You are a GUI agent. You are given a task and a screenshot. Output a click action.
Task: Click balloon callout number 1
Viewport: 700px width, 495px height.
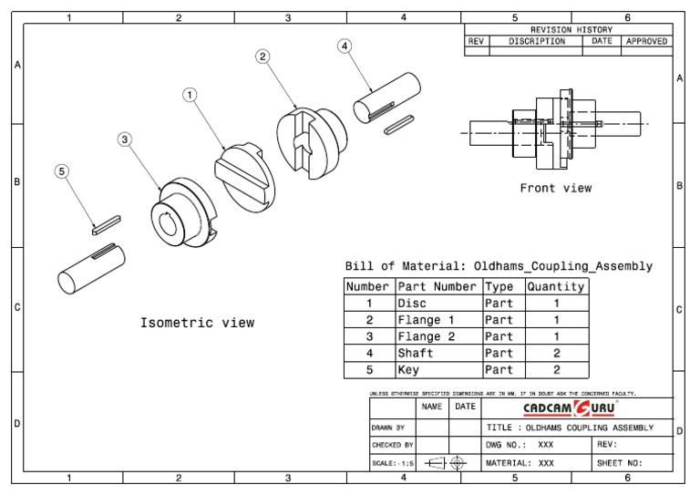pos(190,94)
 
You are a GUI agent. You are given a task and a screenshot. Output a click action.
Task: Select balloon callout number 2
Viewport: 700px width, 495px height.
pos(262,57)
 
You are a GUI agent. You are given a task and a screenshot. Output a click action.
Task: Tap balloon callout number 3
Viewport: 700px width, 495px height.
pos(125,139)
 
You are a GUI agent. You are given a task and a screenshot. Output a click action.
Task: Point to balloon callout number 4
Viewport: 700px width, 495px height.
pos(345,46)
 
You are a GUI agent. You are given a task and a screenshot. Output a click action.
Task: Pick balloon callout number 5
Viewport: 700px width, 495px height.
pos(62,170)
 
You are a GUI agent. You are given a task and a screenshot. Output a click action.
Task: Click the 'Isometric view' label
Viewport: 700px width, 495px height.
pos(197,323)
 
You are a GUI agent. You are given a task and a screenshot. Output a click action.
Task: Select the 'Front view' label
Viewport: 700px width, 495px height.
pos(555,189)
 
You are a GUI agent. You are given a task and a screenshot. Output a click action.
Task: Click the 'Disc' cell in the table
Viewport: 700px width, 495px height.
pos(412,304)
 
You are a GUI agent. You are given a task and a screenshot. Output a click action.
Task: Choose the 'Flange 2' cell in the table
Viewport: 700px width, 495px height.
pos(426,336)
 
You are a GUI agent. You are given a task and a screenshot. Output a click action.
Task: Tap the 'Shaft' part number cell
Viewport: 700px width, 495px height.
pos(416,353)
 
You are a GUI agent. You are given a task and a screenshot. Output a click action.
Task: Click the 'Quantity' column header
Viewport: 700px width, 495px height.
pos(555,286)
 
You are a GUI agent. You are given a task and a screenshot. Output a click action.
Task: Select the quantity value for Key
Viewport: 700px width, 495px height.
pos(556,370)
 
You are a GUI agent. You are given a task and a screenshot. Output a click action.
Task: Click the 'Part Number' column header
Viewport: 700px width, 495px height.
pos(437,286)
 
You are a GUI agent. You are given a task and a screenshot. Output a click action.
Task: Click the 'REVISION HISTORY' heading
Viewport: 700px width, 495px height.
pos(571,30)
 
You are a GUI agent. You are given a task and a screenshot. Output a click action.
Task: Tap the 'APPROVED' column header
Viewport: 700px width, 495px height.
pos(646,41)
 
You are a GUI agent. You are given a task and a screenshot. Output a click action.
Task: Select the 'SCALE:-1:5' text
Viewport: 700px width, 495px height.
pos(393,463)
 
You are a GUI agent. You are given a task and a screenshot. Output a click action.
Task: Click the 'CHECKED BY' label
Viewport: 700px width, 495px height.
pos(392,445)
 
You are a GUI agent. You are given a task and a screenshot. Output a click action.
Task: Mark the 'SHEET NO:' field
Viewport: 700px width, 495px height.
pos(619,463)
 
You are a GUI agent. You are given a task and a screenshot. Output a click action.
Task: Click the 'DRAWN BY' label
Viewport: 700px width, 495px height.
pos(388,427)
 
